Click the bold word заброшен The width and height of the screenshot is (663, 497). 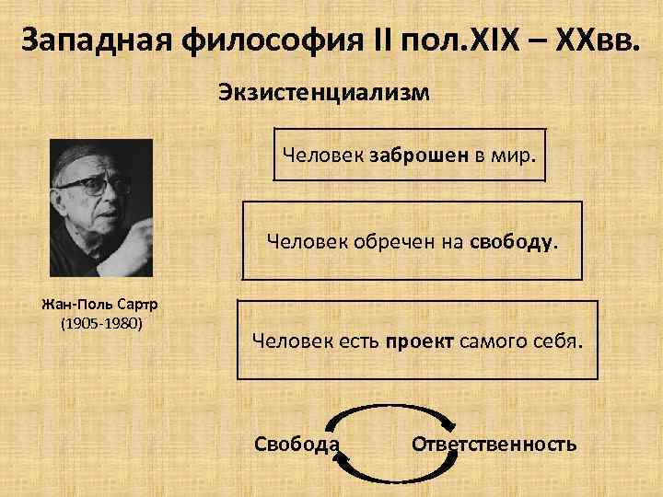point(421,154)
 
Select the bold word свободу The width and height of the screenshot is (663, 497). point(512,241)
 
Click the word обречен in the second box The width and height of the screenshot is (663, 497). point(383,241)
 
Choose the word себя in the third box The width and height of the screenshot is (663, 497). point(556,341)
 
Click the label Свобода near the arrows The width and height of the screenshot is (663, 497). point(296,445)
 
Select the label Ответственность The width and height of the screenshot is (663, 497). point(494,445)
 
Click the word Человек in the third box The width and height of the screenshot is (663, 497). point(285,341)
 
